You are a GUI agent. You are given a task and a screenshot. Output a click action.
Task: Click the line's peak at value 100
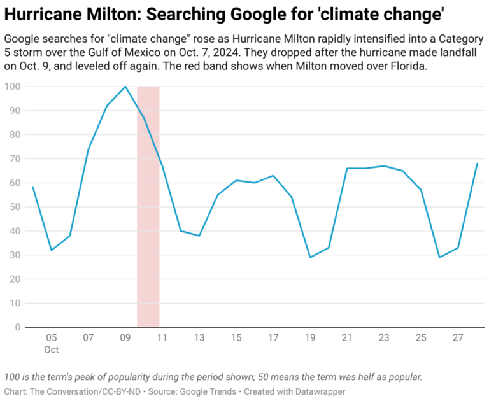[x=125, y=87]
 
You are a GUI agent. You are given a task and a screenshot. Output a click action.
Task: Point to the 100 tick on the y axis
[x=11, y=87]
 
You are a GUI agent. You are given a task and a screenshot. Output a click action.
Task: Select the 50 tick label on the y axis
[x=14, y=207]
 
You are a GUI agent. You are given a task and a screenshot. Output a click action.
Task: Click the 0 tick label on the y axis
[x=17, y=327]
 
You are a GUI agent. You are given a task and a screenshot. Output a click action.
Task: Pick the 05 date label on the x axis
[x=51, y=337]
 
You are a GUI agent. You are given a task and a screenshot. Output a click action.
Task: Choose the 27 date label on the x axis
[x=458, y=337]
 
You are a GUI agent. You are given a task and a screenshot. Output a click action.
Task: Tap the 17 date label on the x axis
[x=273, y=337]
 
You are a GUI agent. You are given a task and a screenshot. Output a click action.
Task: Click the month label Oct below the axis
[x=51, y=349]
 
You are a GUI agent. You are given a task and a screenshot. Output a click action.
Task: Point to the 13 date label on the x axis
[x=199, y=337]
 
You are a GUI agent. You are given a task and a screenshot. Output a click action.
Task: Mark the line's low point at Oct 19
[x=309, y=257]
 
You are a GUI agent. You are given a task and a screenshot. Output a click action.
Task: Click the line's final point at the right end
[x=477, y=164]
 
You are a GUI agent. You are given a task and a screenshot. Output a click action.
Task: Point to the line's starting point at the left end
[x=32, y=187]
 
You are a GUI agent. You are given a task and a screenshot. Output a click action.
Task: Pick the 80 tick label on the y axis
[x=14, y=135]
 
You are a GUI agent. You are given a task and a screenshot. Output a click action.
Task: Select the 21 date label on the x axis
[x=347, y=337]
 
